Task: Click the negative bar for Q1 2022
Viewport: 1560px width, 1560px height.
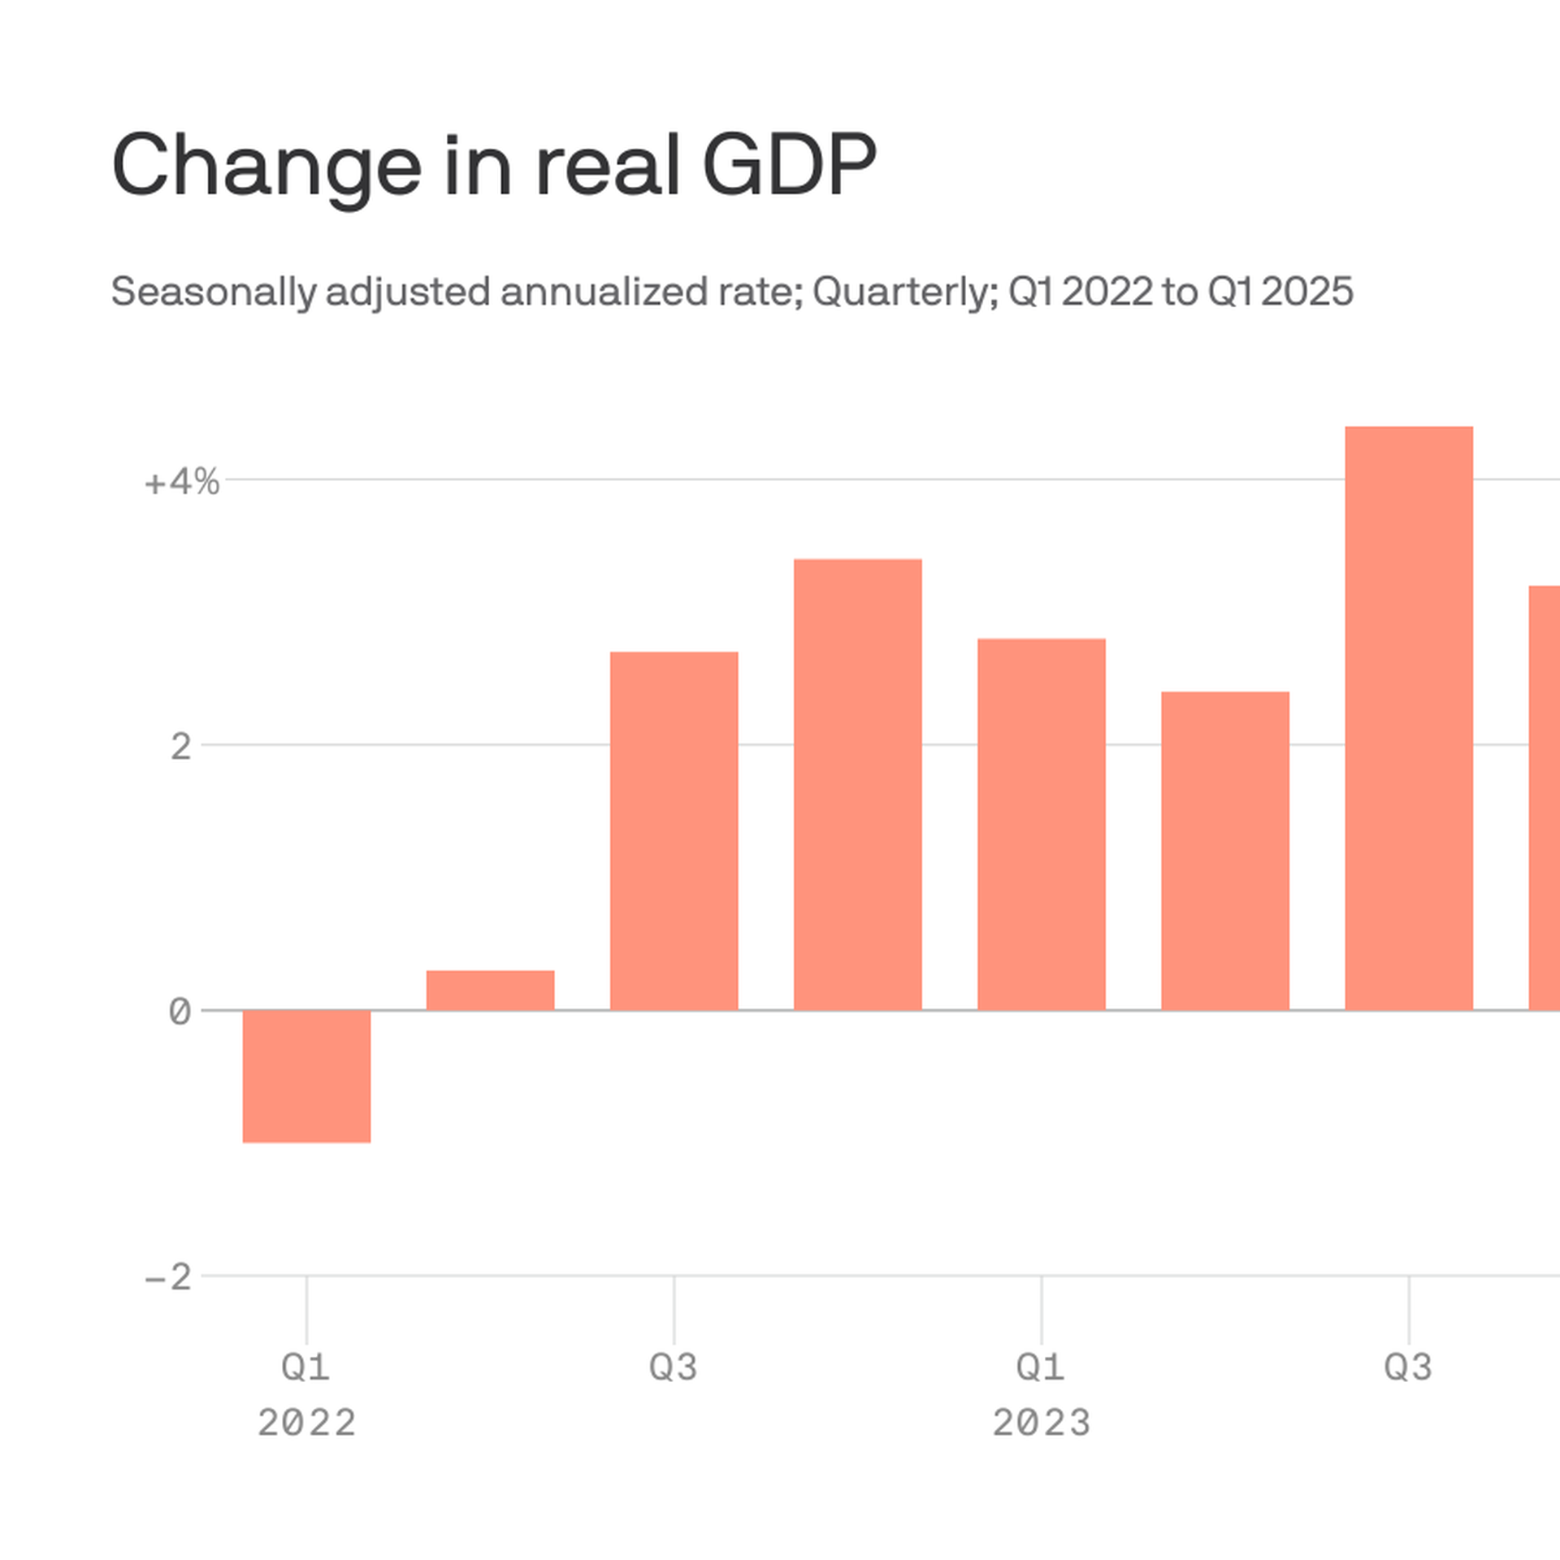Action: (x=306, y=1076)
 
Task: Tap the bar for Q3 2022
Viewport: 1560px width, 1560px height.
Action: (x=674, y=830)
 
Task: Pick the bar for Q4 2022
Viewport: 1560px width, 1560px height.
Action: (x=857, y=784)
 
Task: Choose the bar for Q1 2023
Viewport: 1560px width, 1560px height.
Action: (x=1041, y=824)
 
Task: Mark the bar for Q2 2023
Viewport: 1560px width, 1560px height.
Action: (x=1224, y=851)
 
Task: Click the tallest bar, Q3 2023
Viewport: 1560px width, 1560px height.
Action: (x=1408, y=718)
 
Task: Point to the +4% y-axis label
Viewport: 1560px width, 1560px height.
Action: (x=182, y=482)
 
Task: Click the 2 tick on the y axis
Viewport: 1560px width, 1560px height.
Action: (x=180, y=747)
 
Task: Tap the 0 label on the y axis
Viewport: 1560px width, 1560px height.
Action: (x=180, y=1012)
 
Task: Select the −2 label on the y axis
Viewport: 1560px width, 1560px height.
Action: (x=168, y=1278)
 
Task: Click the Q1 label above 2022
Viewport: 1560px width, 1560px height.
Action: (x=305, y=1367)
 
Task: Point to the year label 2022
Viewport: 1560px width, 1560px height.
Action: (x=306, y=1423)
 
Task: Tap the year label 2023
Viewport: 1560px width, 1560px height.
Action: (x=1041, y=1423)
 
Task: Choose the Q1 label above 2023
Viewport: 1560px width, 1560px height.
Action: (x=1040, y=1367)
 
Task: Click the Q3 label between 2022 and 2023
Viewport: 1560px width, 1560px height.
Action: (x=673, y=1367)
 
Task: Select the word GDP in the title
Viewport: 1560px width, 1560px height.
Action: (x=789, y=165)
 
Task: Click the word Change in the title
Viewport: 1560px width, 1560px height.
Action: (x=266, y=167)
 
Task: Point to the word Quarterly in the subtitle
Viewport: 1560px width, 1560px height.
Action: (x=904, y=292)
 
